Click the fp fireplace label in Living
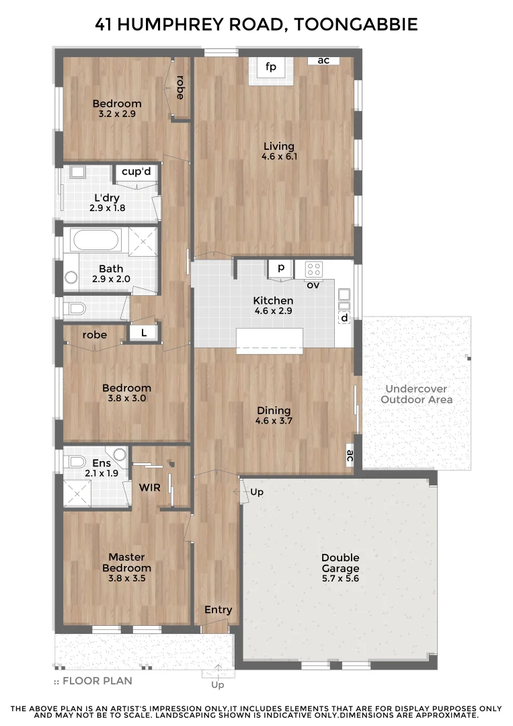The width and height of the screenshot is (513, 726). tap(271, 67)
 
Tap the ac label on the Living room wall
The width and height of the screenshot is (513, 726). tap(323, 61)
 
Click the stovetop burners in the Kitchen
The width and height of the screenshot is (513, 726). tap(314, 269)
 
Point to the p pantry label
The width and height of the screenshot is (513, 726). tap(281, 268)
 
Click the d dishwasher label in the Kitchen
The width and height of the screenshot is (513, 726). tap(344, 317)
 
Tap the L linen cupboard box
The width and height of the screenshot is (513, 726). tap(144, 332)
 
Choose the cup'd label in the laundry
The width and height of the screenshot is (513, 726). tap(136, 172)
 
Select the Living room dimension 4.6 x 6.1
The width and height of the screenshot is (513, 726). tap(279, 157)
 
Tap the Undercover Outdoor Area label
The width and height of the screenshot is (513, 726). tap(416, 394)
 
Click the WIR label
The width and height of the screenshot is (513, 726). tap(149, 487)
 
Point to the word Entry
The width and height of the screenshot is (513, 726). tap(218, 610)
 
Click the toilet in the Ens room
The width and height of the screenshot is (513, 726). tap(75, 461)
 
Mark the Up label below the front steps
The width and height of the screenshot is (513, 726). tap(218, 685)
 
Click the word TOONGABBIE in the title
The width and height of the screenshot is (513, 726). tap(356, 25)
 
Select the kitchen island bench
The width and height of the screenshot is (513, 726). tap(270, 341)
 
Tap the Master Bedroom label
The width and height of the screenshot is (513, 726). tap(126, 562)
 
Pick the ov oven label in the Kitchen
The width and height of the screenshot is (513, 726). tap(313, 285)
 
